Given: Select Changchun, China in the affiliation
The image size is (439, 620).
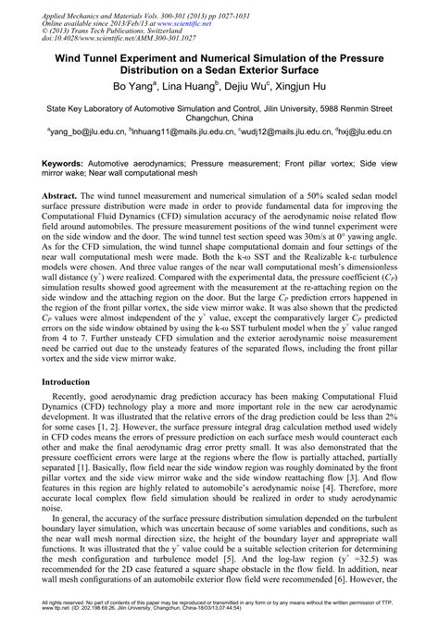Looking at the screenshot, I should point(219,118).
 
